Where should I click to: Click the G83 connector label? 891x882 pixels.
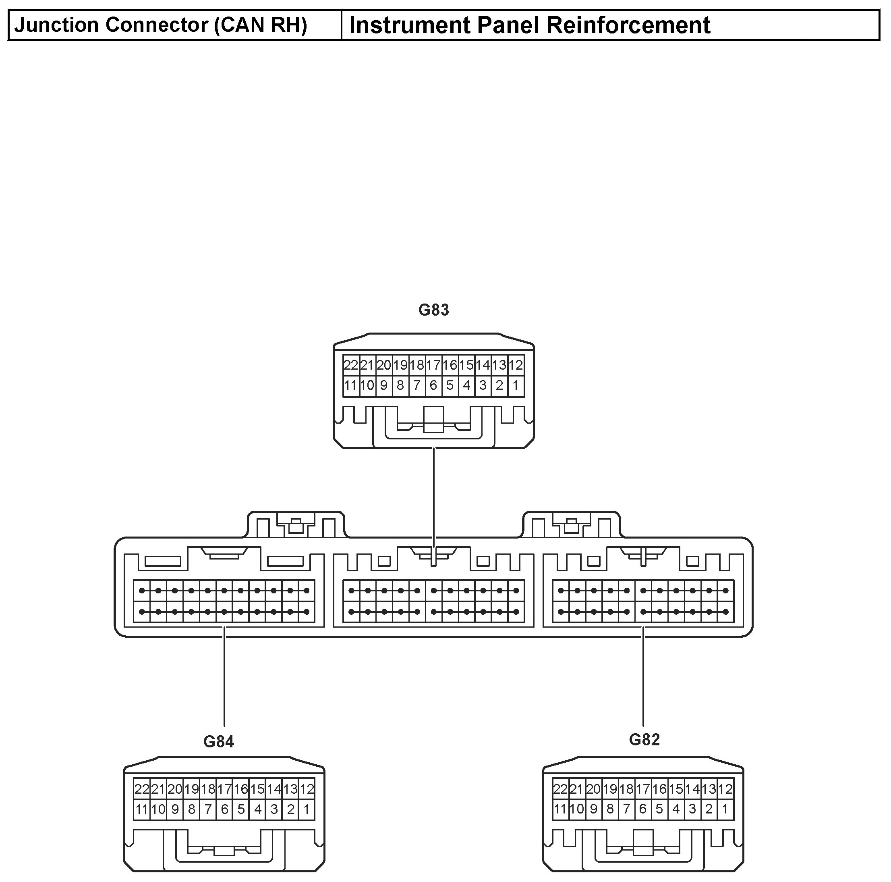tap(433, 310)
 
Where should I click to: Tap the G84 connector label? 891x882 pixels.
tap(219, 741)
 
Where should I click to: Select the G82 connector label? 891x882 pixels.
tap(644, 739)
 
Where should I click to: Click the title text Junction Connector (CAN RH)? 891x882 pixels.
tap(160, 25)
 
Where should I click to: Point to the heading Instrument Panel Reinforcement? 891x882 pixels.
tap(529, 25)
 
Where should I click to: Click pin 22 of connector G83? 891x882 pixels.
tap(350, 365)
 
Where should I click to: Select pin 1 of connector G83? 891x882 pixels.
tap(516, 385)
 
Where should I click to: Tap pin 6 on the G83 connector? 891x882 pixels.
tap(433, 385)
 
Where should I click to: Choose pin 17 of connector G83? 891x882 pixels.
tap(433, 365)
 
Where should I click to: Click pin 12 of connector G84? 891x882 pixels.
tap(307, 789)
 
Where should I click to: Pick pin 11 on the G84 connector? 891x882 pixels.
tap(141, 809)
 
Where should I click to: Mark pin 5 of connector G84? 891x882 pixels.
tap(241, 809)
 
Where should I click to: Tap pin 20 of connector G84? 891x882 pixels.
tap(175, 789)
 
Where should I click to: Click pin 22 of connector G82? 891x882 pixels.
tap(560, 789)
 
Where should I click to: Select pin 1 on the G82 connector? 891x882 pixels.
tap(725, 809)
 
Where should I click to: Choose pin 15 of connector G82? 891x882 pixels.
tap(676, 789)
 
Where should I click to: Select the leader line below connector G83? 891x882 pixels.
tap(433, 489)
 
